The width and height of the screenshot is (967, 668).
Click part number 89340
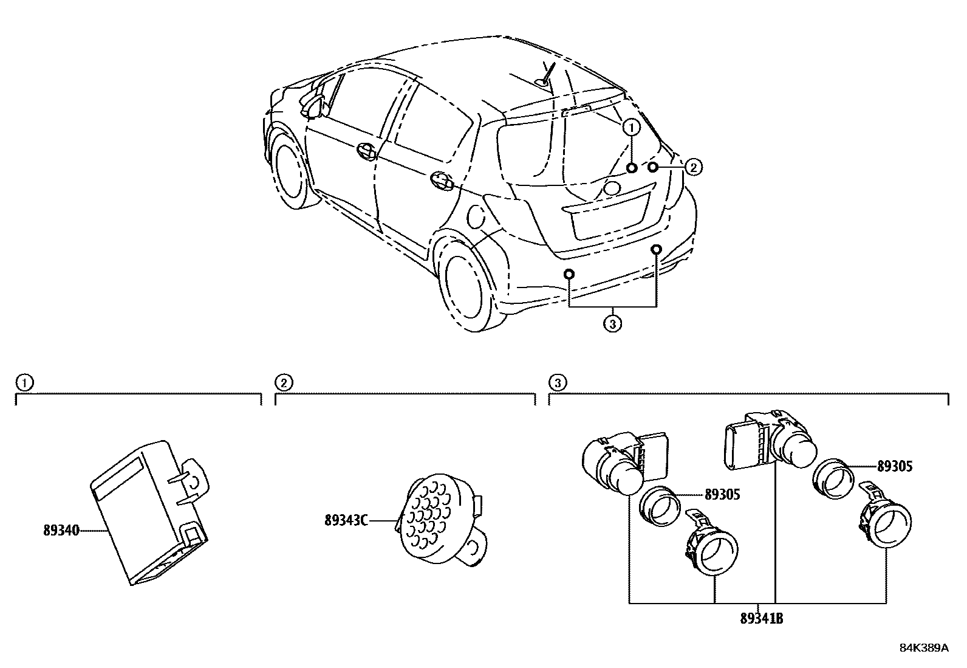pos(61,530)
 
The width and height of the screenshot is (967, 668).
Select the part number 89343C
pos(346,520)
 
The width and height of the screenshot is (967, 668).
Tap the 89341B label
pos(761,619)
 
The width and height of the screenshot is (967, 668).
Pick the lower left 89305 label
pos(722,495)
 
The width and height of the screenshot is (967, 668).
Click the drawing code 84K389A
pos(923,648)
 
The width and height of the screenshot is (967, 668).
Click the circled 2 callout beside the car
pos(694,167)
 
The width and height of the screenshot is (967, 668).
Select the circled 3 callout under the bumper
pos(612,324)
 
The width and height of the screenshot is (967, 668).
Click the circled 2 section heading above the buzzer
pos(283,382)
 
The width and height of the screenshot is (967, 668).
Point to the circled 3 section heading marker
pos(557,382)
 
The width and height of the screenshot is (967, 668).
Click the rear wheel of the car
pos(468,286)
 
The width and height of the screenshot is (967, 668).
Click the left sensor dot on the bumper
pos(569,274)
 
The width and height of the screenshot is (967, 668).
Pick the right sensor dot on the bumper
pos(657,249)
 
